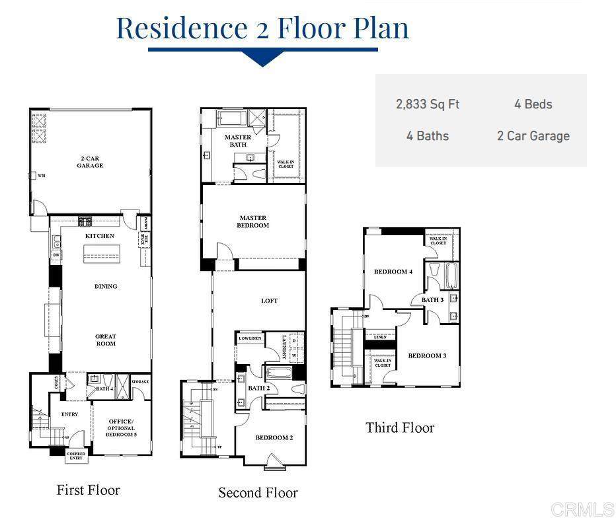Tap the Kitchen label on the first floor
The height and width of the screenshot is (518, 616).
tap(100, 236)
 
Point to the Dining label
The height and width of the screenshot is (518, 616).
tap(106, 286)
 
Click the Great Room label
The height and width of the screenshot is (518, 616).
tap(106, 340)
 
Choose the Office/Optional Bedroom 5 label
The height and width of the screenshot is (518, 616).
tap(121, 428)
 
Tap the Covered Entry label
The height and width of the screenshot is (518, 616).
tap(76, 456)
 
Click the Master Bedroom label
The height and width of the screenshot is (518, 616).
tap(253, 221)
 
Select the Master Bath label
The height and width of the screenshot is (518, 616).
tap(238, 141)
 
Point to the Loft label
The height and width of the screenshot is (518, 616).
tap(269, 301)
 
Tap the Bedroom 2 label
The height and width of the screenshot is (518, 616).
tap(274, 437)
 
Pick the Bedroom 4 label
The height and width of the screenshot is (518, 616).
tap(393, 272)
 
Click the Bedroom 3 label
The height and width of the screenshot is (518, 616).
tap(427, 355)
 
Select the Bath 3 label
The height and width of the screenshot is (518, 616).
tap(433, 300)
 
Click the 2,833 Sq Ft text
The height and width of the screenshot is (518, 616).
tap(428, 104)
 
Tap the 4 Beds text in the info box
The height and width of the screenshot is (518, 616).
tap(533, 104)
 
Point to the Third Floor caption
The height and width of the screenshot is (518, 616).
tap(400, 427)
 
